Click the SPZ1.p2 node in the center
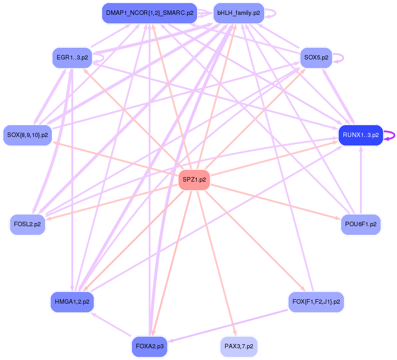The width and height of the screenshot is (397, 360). [x=194, y=180]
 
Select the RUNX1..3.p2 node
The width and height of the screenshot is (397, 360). [x=361, y=135]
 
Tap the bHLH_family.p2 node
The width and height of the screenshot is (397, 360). [x=238, y=13]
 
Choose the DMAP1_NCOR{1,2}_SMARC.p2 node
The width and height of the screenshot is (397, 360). [x=150, y=13]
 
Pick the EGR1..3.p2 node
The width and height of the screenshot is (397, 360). [x=72, y=58]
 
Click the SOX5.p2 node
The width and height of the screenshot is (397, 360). [x=316, y=58]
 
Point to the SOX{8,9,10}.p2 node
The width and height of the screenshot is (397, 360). [x=27, y=135]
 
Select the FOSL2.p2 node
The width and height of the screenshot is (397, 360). [x=27, y=224]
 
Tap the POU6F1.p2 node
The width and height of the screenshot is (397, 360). [x=361, y=224]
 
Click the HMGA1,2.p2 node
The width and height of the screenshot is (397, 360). [x=72, y=301]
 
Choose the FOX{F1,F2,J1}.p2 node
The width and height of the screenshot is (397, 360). [x=316, y=301]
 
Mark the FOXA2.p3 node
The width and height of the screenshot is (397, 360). [x=150, y=347]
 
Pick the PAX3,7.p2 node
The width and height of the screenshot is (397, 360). [x=239, y=347]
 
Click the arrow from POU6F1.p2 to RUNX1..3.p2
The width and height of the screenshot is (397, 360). [x=361, y=180]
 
